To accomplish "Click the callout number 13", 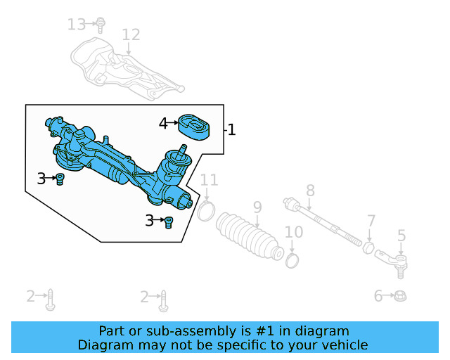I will [x=77, y=25].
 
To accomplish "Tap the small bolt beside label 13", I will [x=101, y=25].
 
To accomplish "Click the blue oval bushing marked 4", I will [x=195, y=127].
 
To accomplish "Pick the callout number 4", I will [x=163, y=124].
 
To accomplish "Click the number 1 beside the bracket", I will [x=231, y=130].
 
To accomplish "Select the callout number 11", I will [x=209, y=181].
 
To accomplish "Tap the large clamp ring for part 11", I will [x=205, y=210].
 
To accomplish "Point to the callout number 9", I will [x=257, y=207].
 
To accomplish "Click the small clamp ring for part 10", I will [x=293, y=261].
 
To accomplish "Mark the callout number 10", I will [x=293, y=232].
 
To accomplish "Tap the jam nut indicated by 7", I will [x=368, y=247].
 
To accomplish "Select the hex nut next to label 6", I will [x=399, y=296].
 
